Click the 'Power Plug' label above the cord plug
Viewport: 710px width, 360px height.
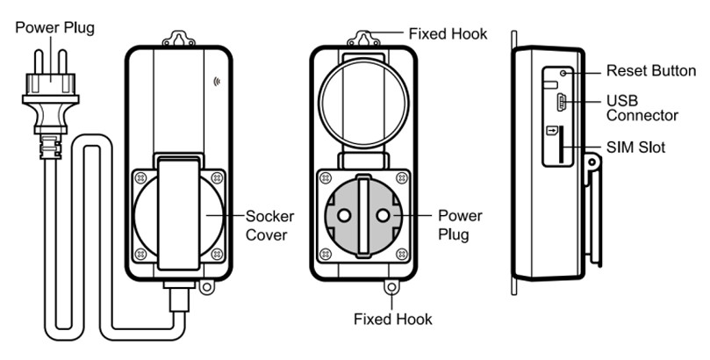coord(54,28)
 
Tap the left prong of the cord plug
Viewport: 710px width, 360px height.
coord(39,61)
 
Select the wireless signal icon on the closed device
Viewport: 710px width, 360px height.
coord(217,82)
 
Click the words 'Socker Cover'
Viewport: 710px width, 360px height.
coord(270,226)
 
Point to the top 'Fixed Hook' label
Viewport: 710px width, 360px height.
coord(448,33)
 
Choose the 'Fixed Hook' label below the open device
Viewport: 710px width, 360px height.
coord(392,319)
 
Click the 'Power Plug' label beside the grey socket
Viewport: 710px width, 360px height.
coord(460,225)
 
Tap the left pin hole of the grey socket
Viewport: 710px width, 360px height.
coord(344,215)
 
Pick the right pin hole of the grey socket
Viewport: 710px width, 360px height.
coord(383,215)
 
